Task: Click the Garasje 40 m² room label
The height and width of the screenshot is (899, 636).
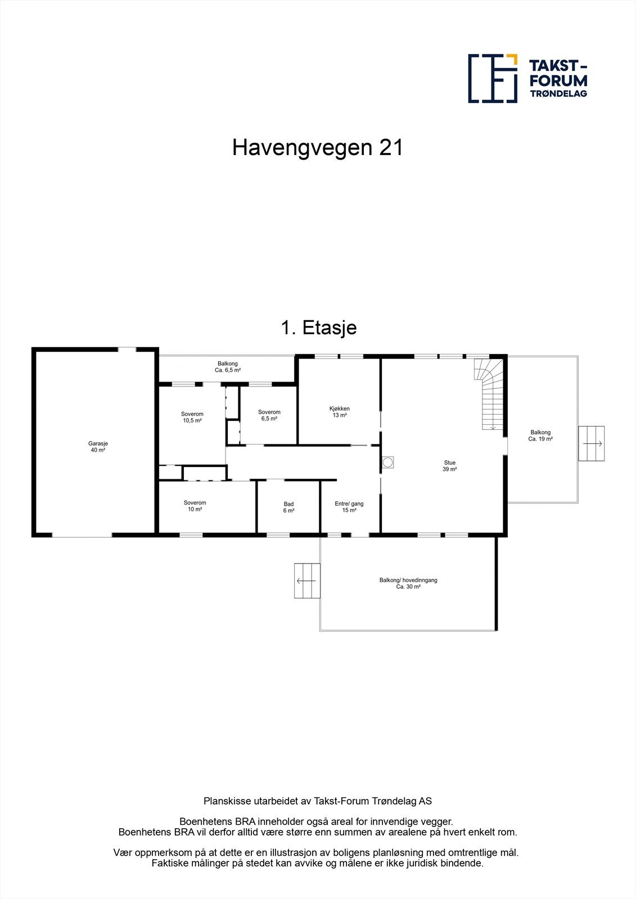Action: click(98, 446)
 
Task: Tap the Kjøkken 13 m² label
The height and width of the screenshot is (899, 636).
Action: click(340, 412)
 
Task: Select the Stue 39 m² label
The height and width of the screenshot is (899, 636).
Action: click(450, 466)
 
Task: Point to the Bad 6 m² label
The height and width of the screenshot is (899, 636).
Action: click(288, 507)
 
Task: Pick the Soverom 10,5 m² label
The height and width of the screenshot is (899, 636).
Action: click(192, 417)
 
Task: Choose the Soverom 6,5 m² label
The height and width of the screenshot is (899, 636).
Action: click(269, 415)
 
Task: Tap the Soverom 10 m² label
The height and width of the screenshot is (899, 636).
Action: click(195, 506)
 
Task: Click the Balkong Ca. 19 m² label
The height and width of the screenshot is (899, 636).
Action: click(540, 435)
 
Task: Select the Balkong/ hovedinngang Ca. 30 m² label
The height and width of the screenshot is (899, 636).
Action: click(408, 583)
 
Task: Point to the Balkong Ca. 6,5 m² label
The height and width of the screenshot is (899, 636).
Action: click(228, 367)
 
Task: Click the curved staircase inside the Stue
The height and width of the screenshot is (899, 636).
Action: click(489, 393)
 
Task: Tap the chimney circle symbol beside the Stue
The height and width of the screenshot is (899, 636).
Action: click(388, 462)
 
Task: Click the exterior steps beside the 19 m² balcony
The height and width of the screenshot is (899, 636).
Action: click(592, 443)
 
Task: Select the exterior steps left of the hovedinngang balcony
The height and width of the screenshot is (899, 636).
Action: click(307, 580)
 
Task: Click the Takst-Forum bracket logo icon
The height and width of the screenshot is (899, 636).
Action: click(493, 79)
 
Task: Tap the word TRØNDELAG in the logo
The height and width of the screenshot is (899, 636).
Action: click(558, 94)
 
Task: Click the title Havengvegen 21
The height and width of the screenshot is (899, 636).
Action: click(318, 148)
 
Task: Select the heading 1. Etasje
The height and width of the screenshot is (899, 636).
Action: click(318, 327)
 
